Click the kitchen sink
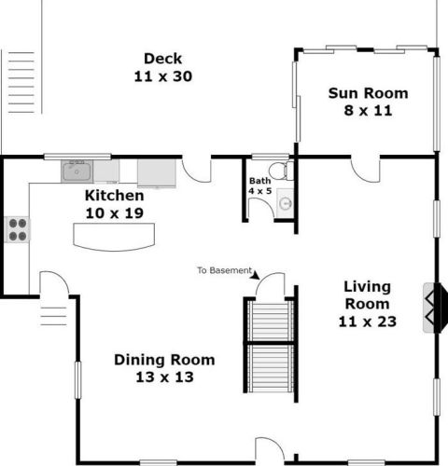[77, 171]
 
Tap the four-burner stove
[18, 230]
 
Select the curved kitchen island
[114, 237]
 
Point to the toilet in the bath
[281, 171]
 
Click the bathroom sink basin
[286, 203]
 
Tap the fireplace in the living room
[435, 308]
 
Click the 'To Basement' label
[224, 270]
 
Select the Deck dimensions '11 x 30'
[163, 76]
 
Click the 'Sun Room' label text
[368, 93]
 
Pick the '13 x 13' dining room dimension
[164, 377]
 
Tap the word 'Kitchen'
[115, 196]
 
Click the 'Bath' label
[260, 181]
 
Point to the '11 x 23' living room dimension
[368, 322]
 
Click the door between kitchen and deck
[196, 170]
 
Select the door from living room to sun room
[366, 170]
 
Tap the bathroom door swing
[261, 208]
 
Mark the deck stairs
[21, 83]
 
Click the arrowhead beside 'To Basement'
[256, 275]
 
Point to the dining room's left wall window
[77, 380]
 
